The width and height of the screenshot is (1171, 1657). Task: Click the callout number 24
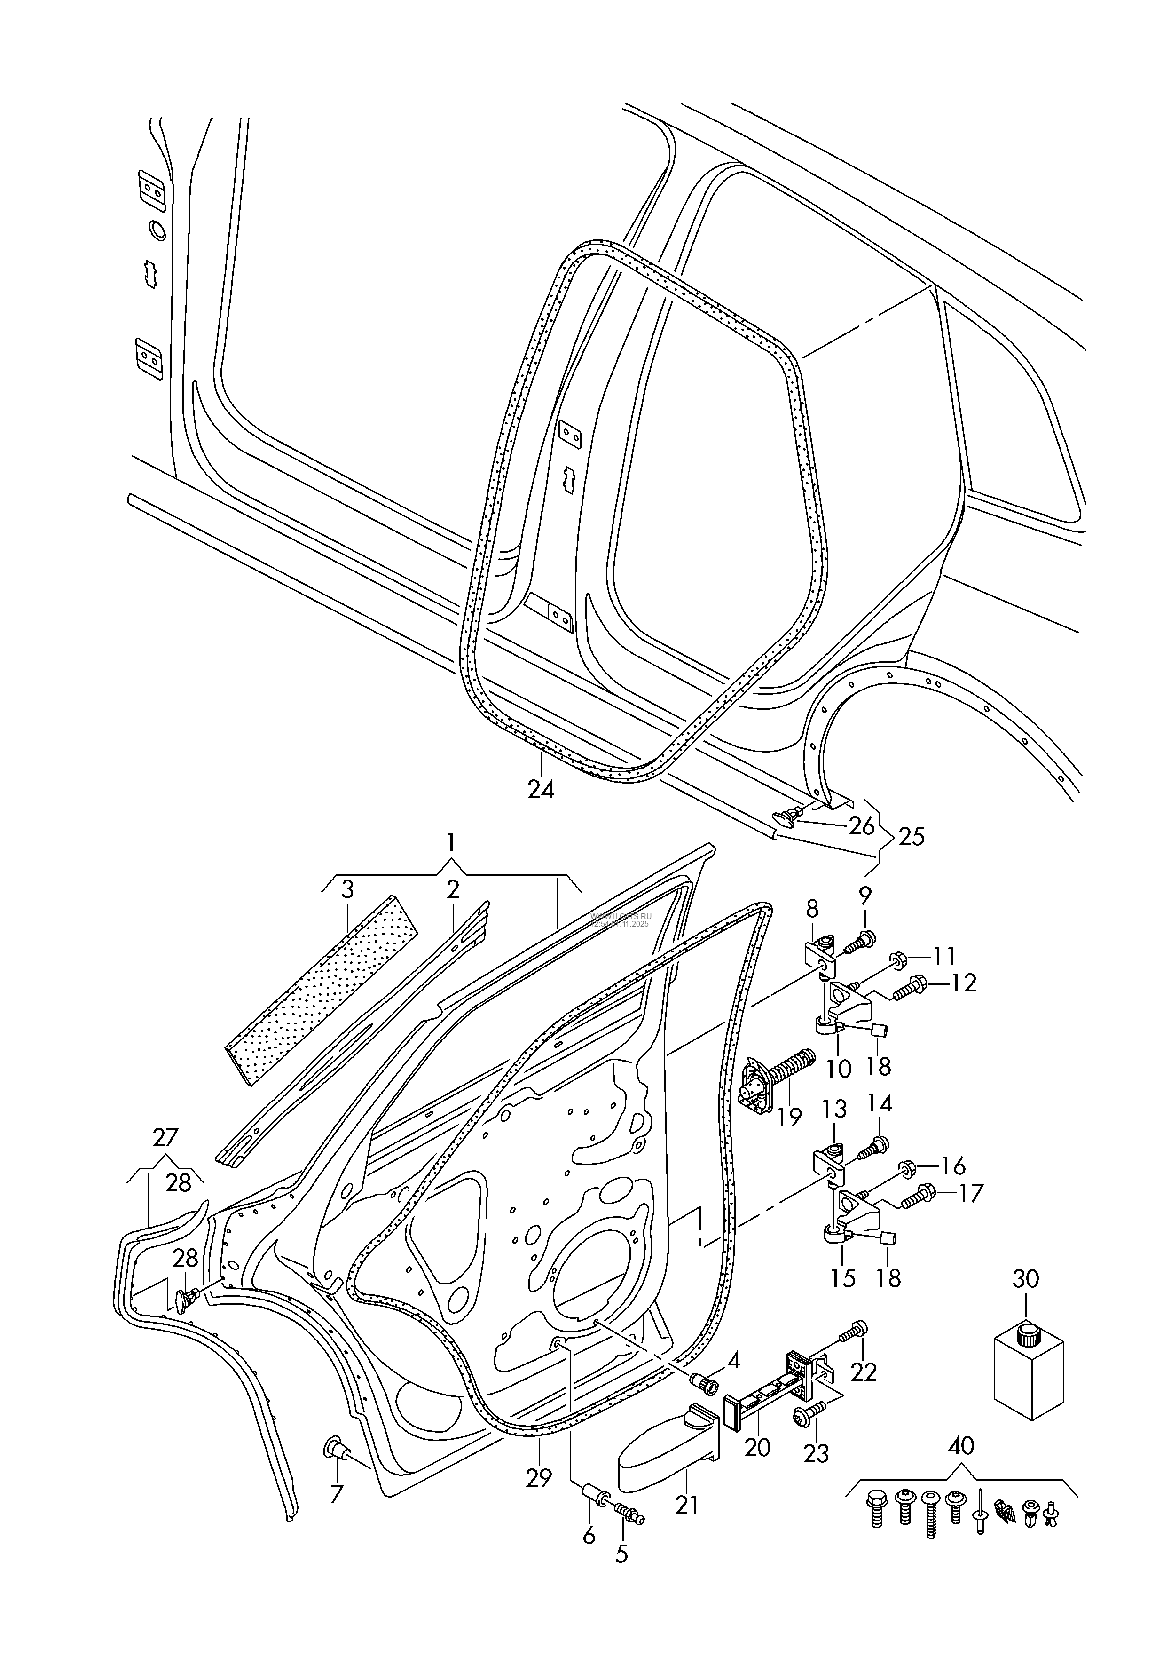tap(541, 790)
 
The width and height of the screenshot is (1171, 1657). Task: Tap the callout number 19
tap(790, 1117)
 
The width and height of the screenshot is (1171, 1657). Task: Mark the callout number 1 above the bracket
tap(450, 842)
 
